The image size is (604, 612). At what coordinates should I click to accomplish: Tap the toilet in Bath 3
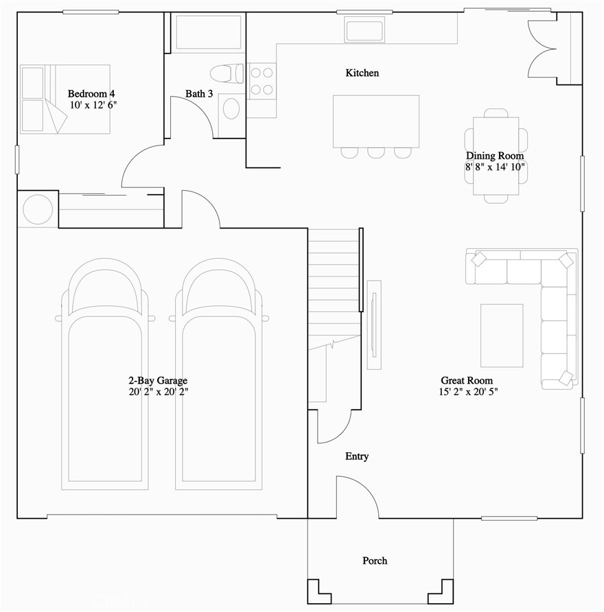(x=227, y=72)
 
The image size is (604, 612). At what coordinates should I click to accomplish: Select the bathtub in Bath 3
(x=209, y=33)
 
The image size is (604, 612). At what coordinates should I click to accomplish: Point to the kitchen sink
(x=367, y=31)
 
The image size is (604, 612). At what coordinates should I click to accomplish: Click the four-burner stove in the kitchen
(x=262, y=80)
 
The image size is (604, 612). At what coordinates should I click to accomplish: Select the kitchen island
(x=375, y=121)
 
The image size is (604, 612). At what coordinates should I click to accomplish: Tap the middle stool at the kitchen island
(x=375, y=152)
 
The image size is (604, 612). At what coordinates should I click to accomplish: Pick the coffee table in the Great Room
(x=502, y=335)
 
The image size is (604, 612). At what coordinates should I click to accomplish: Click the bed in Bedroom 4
(x=65, y=98)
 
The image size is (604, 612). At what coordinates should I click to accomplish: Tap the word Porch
(x=375, y=561)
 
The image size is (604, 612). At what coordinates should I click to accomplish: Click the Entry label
(x=357, y=456)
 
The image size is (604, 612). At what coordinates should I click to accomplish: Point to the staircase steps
(x=333, y=288)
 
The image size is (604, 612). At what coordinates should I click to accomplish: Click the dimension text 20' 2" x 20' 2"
(x=158, y=392)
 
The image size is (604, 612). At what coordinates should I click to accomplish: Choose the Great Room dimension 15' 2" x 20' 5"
(x=467, y=392)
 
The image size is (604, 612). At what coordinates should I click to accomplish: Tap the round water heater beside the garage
(x=37, y=209)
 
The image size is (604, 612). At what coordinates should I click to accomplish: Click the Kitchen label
(x=362, y=73)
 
